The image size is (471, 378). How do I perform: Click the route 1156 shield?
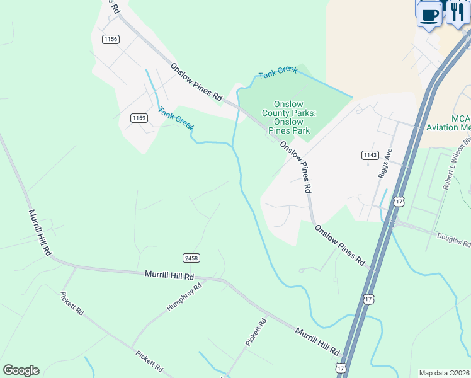[111, 39]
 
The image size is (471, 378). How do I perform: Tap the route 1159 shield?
[139, 118]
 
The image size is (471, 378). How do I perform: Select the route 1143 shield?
[370, 155]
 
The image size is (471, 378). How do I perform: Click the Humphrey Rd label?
[184, 297]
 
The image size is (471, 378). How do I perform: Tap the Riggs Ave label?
[385, 163]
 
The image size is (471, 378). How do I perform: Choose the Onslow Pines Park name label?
[290, 117]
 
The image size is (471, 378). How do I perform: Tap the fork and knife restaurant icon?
[458, 12]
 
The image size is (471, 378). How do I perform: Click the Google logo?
[21, 370]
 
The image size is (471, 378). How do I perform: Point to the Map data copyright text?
[445, 373]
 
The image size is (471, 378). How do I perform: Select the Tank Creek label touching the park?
[278, 72]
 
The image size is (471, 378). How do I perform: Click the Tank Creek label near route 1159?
[176, 118]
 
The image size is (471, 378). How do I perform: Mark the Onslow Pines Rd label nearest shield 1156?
[196, 81]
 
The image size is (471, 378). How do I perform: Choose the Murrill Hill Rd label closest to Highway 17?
[317, 341]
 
